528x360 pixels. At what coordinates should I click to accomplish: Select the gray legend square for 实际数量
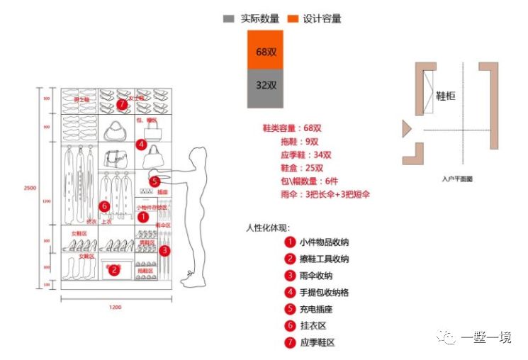coord(229,18)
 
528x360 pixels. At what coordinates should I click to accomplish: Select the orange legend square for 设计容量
coord(291,18)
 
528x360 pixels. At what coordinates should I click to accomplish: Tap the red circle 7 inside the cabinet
coord(122,104)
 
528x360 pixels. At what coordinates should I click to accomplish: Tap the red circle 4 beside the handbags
coord(142,145)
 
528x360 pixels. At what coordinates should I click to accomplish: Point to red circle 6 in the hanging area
coord(104,206)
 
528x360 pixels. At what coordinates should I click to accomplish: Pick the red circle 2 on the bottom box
coord(116,269)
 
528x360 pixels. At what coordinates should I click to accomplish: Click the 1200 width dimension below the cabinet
coord(115,307)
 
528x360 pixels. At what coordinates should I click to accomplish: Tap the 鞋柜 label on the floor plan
coord(445,96)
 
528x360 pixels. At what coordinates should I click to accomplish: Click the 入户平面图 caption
coord(456,179)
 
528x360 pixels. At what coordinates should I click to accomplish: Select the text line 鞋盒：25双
coord(302,168)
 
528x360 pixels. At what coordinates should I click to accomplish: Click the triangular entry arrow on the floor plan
coord(407,128)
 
